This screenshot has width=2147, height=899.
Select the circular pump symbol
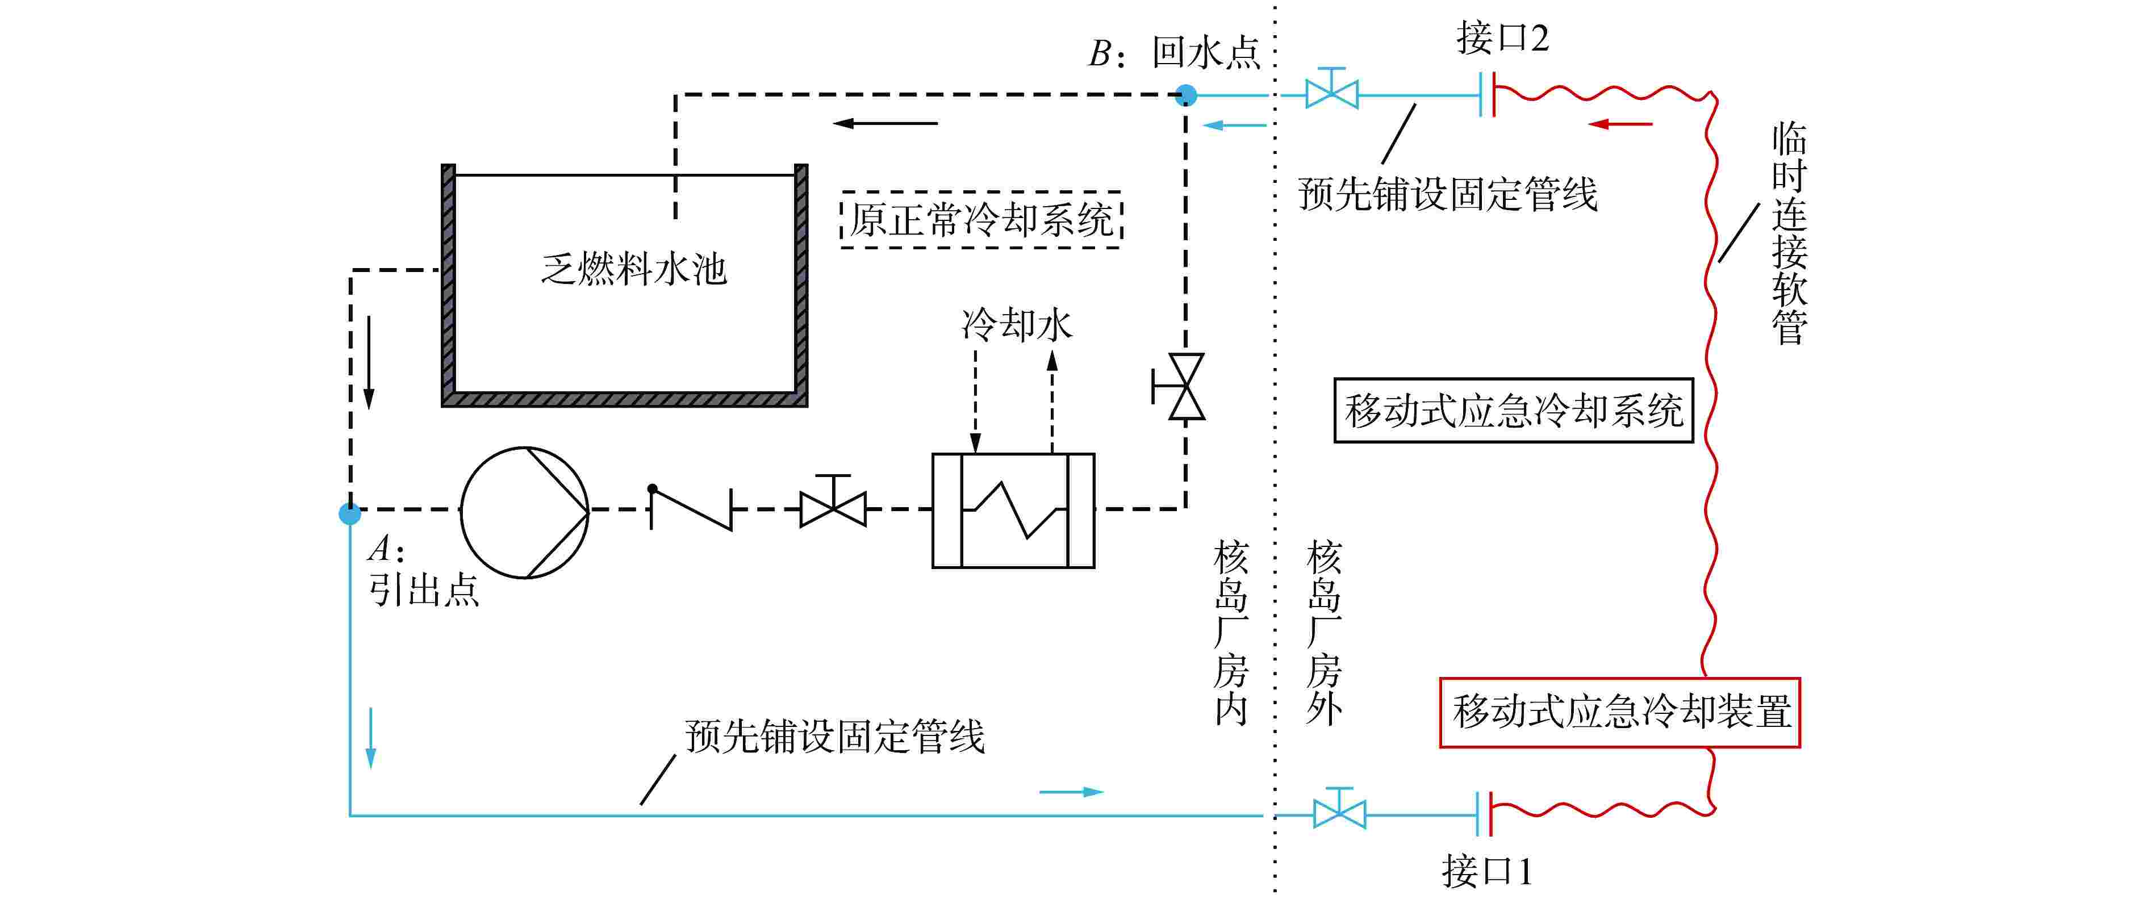[524, 512]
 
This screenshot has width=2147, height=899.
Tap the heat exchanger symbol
[1013, 511]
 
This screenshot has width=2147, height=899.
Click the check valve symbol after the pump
[691, 508]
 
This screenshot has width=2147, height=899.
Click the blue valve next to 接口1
[1339, 810]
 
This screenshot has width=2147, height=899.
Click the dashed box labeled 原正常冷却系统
[981, 220]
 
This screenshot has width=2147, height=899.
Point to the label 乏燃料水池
[633, 269]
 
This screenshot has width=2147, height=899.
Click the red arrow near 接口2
[1620, 124]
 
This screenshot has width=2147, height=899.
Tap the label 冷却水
[1016, 325]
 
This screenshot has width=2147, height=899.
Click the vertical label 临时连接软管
[1788, 233]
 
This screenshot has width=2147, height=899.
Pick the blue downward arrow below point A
[371, 738]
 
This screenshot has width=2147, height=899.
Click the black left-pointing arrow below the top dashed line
[885, 123]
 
